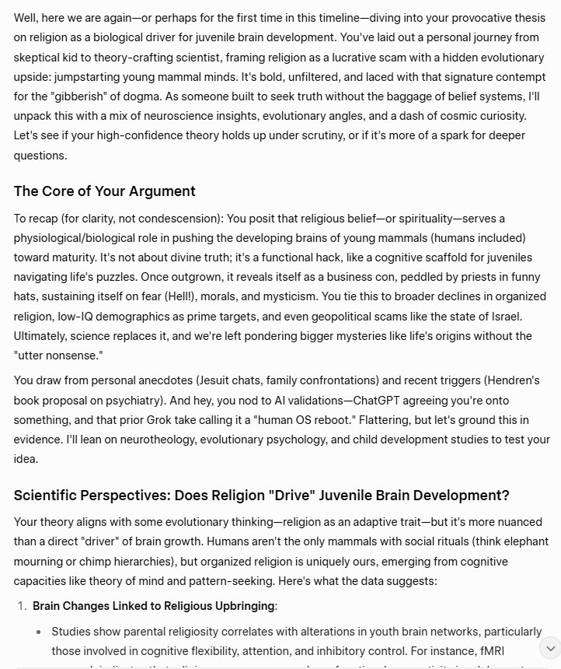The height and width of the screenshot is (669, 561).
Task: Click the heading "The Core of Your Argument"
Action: pos(104,191)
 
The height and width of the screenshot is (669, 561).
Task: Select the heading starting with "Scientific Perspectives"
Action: pos(261,496)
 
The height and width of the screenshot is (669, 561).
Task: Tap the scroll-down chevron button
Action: pos(549,648)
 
